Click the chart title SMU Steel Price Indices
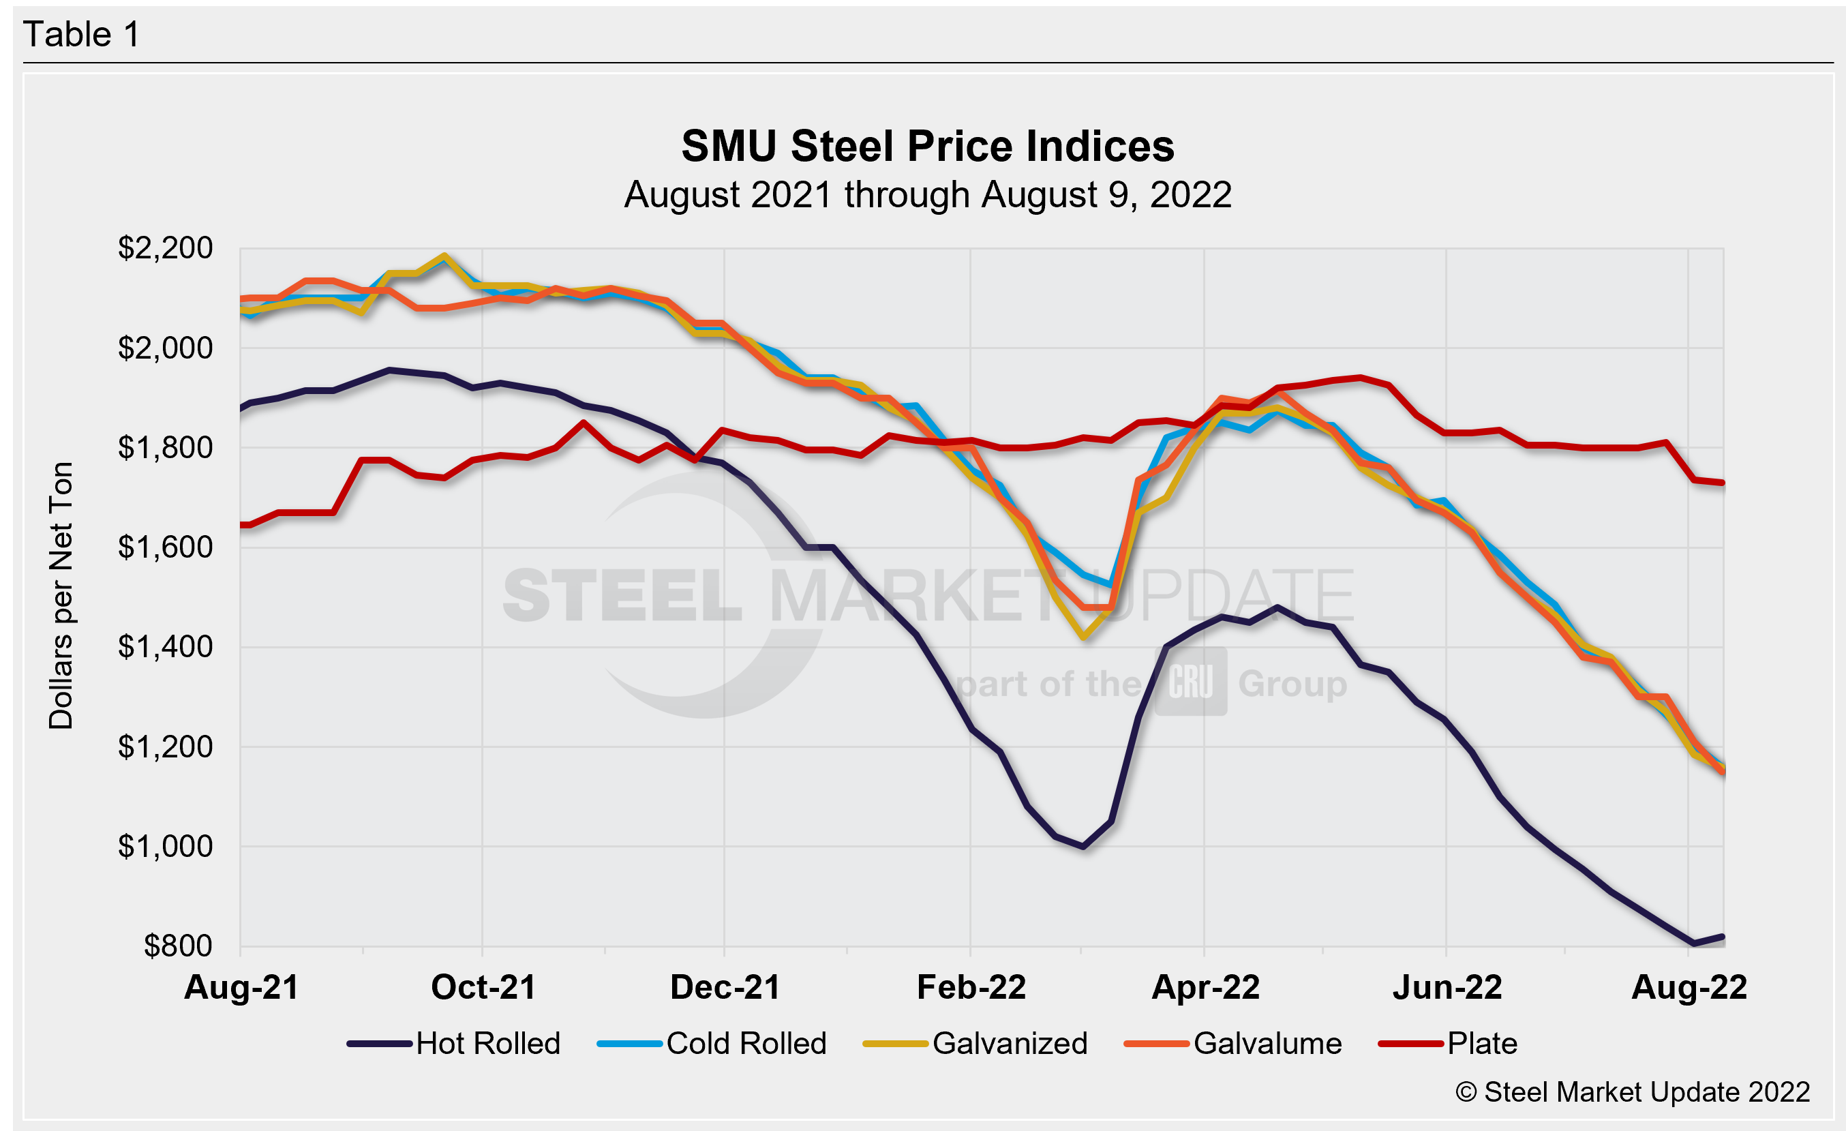[x=928, y=146]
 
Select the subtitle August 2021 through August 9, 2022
[x=928, y=195]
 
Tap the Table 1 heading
[x=81, y=35]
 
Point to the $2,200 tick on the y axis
[x=165, y=248]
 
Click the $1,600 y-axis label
[x=165, y=547]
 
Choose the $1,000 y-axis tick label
[x=165, y=847]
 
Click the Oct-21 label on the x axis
[x=483, y=987]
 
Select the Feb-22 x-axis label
[x=971, y=987]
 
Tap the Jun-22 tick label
[x=1447, y=987]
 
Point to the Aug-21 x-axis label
[x=241, y=987]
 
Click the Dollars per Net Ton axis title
[x=61, y=595]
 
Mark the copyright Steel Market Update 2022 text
[x=1633, y=1092]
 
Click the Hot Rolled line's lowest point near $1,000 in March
[x=1083, y=847]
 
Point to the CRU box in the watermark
[x=1190, y=682]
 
